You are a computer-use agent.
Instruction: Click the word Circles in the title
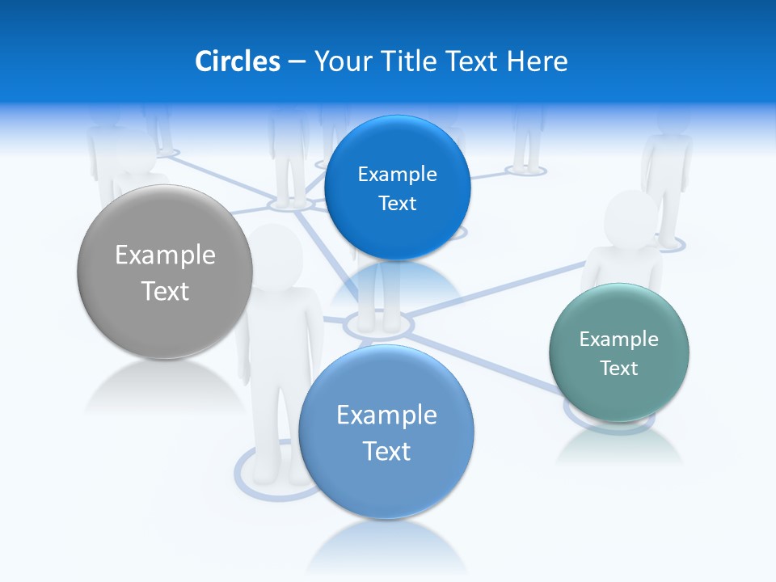point(237,61)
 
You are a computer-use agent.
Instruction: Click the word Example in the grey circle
point(165,255)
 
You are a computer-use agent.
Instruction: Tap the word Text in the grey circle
point(165,291)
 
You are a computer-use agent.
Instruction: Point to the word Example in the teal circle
point(619,339)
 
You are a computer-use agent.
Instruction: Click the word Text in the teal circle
point(619,368)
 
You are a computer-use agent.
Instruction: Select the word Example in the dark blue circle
point(397,174)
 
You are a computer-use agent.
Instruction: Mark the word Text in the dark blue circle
point(397,203)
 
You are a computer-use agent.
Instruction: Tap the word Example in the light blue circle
point(386,415)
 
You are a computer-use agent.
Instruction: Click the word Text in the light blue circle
point(386,451)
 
